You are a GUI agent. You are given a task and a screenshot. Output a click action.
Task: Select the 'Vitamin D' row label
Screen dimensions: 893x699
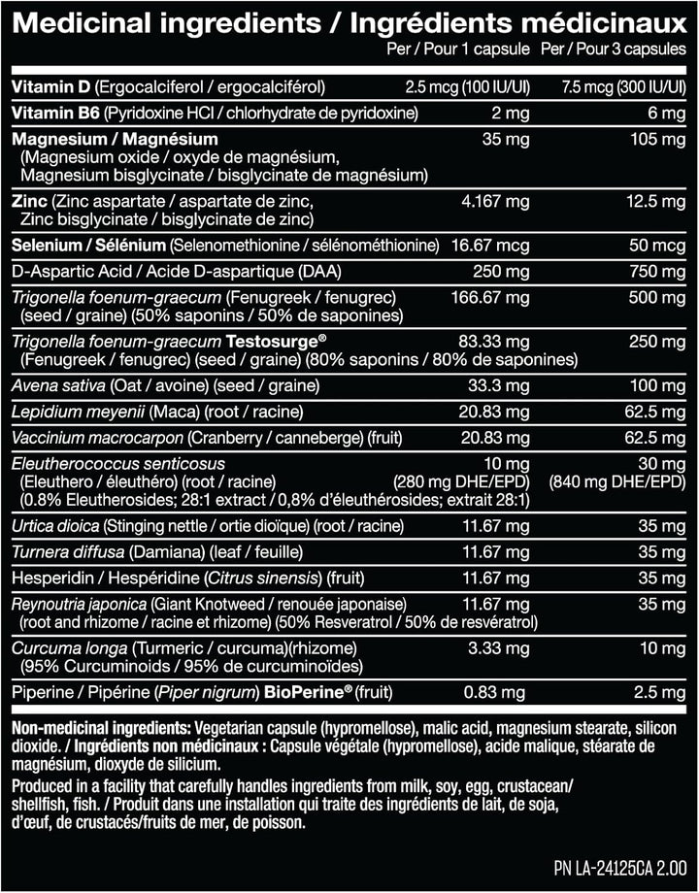pyautogui.click(x=45, y=87)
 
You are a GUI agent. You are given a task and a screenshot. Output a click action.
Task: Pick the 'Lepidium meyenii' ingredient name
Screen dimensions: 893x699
pyautogui.click(x=66, y=411)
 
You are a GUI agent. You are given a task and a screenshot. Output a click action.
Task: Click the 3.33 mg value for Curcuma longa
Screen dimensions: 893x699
pyautogui.click(x=501, y=647)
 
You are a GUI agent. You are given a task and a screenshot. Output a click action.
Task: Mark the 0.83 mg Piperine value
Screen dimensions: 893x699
pyautogui.click(x=502, y=692)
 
